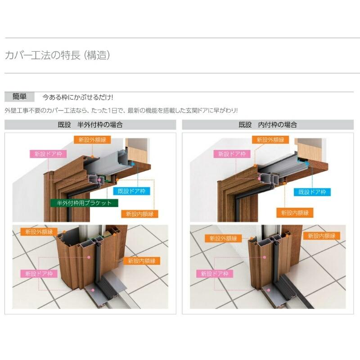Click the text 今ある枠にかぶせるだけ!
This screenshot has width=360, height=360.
coord(77,97)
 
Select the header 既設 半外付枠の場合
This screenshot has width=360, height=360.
coord(90,125)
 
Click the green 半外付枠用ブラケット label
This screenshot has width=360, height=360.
coord(84,203)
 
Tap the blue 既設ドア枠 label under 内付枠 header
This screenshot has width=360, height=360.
coord(312,192)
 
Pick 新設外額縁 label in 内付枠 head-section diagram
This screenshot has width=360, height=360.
coord(270,140)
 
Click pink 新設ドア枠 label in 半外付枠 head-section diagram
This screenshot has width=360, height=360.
coord(48,153)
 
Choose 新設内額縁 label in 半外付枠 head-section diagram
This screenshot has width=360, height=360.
coord(142,214)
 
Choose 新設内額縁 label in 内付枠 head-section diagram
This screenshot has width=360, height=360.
coord(295,212)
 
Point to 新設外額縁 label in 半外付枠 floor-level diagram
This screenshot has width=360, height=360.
coord(39,232)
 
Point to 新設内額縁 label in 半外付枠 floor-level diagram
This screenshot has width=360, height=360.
coord(142,260)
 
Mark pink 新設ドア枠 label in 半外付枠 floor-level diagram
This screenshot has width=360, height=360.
coord(39,273)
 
